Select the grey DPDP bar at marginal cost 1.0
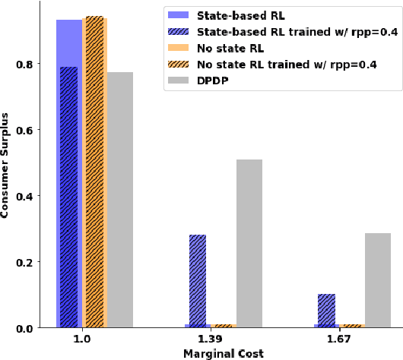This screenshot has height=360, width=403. pyautogui.click(x=120, y=200)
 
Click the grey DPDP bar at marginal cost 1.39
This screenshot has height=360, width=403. pyautogui.click(x=249, y=244)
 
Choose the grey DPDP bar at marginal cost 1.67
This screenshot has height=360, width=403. pyautogui.click(x=378, y=280)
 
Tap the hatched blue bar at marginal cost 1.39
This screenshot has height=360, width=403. pyautogui.click(x=198, y=281)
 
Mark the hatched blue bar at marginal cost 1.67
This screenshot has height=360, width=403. pyautogui.click(x=327, y=311)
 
